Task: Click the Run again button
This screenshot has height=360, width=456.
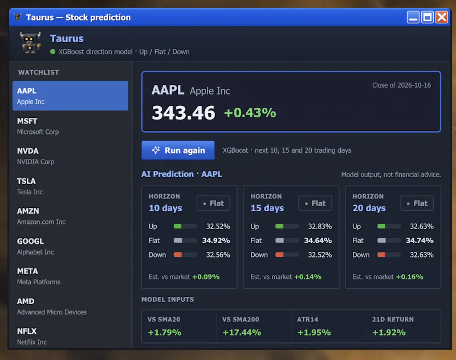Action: coord(178,150)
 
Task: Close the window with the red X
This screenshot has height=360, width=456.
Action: coord(442,17)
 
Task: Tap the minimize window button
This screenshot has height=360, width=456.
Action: coord(413,17)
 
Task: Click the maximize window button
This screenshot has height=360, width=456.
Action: coord(427,17)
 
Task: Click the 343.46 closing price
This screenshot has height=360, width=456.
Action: coord(183,113)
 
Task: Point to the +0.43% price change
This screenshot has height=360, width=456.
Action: coord(250,113)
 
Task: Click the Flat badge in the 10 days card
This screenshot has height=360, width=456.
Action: coord(213,203)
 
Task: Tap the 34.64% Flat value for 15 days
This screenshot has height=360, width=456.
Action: coord(318,240)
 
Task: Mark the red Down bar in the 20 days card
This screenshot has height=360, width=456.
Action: coord(381,255)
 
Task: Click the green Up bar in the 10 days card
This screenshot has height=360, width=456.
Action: coord(177,226)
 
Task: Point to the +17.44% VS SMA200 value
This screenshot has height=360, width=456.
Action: coord(242,333)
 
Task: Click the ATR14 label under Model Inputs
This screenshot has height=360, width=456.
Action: coord(307,320)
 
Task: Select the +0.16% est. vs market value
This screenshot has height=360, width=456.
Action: coord(410,277)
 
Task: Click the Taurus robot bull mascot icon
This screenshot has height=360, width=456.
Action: coord(30,43)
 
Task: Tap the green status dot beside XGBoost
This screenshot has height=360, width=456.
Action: coord(52,52)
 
